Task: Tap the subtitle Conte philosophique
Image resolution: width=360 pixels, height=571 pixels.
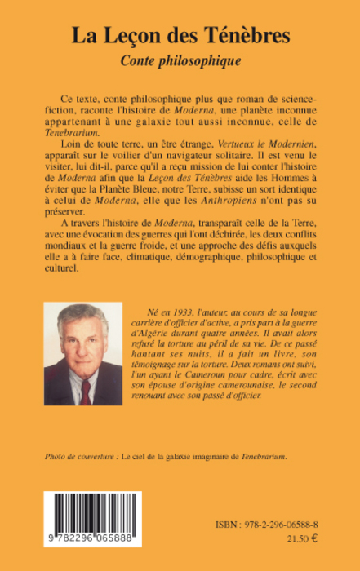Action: [179, 60]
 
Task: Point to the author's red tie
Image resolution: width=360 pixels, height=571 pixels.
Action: [86, 392]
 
